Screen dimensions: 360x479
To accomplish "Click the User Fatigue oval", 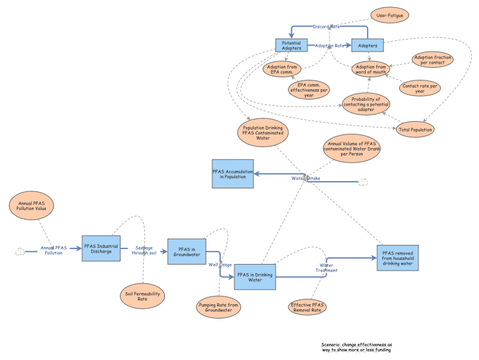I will [x=389, y=15].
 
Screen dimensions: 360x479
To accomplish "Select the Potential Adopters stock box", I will [x=291, y=46].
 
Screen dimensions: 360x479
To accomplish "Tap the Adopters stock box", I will [x=367, y=46].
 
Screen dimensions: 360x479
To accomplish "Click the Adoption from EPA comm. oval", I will [x=282, y=68].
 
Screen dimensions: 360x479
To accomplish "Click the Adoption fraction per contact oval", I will [x=432, y=59].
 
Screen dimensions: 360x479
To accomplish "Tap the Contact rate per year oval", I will [x=420, y=88].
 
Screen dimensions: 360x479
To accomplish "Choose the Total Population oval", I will [x=415, y=129].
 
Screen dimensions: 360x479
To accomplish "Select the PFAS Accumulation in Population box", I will [x=233, y=174].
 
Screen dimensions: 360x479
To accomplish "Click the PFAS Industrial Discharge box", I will [x=101, y=248].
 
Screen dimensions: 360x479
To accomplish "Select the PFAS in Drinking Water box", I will [x=255, y=277].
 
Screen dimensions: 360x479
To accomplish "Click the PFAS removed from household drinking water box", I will [x=397, y=258].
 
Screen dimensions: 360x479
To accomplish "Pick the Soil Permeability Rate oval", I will [x=141, y=295].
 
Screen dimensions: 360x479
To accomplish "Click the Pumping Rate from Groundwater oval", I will [x=218, y=308].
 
